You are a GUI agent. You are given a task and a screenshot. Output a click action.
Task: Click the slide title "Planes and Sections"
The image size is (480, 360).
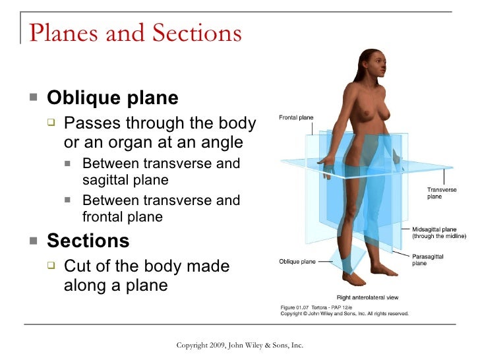[135, 32]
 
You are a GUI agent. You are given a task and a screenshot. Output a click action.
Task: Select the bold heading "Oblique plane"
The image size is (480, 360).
[113, 98]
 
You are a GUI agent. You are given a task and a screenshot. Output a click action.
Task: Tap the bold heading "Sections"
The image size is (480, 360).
[88, 241]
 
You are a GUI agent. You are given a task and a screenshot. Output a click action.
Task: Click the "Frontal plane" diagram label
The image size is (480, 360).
[296, 118]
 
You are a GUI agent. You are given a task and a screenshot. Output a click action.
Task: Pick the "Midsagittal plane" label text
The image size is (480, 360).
[434, 229]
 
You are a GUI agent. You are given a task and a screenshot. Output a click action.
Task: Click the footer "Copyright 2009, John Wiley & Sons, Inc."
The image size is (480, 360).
[239, 345]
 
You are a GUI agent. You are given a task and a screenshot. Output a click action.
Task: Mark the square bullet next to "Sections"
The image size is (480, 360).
[34, 241]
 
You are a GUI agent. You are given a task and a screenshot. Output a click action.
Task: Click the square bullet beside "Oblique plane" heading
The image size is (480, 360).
[34, 99]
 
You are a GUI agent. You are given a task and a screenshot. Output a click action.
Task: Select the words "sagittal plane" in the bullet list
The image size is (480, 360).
[125, 180]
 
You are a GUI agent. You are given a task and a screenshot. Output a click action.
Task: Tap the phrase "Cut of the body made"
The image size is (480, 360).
[146, 266]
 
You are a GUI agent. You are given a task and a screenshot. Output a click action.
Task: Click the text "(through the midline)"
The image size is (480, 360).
[438, 236]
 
